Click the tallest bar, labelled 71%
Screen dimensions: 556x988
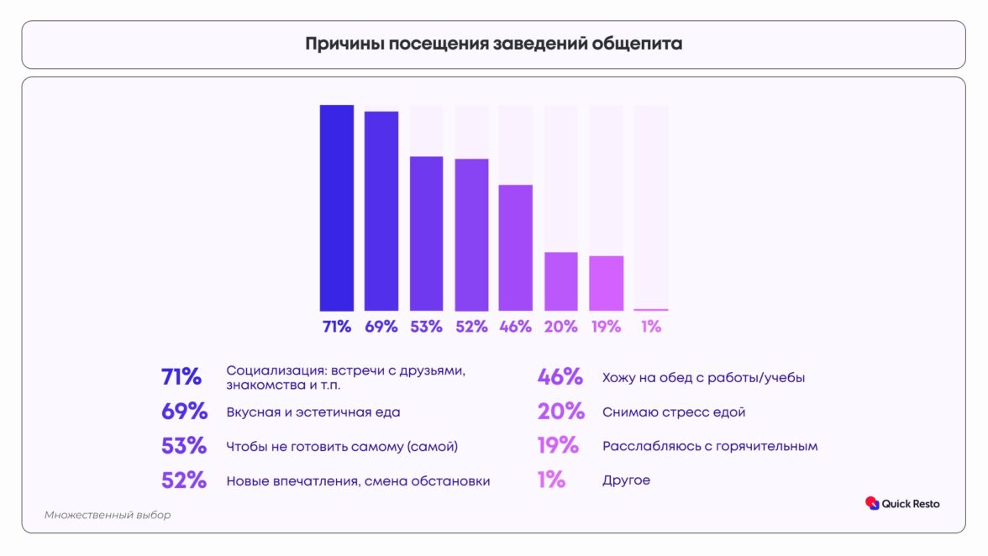coord(336,208)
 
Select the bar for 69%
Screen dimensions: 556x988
coord(381,211)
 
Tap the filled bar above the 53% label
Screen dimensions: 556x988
coord(426,233)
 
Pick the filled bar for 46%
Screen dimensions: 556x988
coord(516,248)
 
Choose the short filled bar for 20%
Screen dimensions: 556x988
coord(561,281)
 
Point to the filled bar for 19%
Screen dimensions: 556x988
coord(607,283)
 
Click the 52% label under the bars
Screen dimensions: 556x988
coord(471,327)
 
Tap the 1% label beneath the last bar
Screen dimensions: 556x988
coord(651,327)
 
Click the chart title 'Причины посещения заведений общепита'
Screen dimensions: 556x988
coord(493,45)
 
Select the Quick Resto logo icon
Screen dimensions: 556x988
coord(871,503)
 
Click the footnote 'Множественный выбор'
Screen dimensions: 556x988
coord(108,515)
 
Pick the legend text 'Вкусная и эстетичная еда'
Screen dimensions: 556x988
coord(313,412)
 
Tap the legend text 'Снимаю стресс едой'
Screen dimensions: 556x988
coord(674,412)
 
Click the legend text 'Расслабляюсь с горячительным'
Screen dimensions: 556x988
coord(710,446)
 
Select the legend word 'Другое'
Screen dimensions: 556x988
coord(626,480)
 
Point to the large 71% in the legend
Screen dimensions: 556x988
coord(181,377)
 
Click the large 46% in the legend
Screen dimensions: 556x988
coord(560,377)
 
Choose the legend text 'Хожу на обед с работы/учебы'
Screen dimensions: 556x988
coord(703,378)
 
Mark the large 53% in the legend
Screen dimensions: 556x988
coord(184,446)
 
